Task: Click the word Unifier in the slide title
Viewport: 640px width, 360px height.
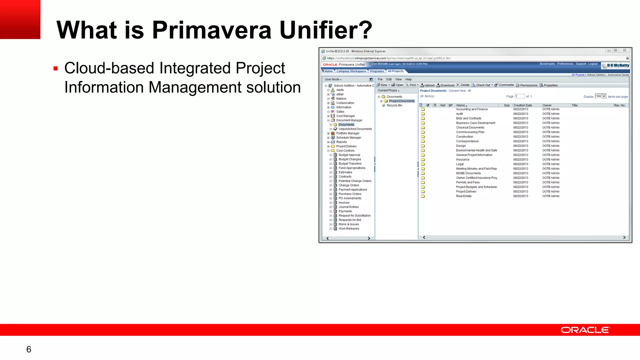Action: pyautogui.click(x=326, y=30)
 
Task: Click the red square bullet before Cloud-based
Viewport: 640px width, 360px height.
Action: pyautogui.click(x=56, y=68)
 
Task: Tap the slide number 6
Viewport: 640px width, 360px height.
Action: pyautogui.click(x=29, y=349)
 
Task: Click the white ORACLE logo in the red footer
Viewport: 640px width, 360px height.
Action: pyautogui.click(x=585, y=330)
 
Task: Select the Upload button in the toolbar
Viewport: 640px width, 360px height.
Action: pyautogui.click(x=427, y=85)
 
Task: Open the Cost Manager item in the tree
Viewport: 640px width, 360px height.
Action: pyautogui.click(x=345, y=116)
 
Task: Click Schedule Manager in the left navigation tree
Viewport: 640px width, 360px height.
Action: pyautogui.click(x=348, y=137)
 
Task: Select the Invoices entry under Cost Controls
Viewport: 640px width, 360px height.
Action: pyautogui.click(x=344, y=202)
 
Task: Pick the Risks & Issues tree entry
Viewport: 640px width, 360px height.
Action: pyautogui.click(x=348, y=224)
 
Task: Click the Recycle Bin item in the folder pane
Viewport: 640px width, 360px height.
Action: pyautogui.click(x=394, y=105)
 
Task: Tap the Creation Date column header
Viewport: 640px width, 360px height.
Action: pyautogui.click(x=522, y=105)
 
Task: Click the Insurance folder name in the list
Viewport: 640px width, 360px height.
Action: pyautogui.click(x=462, y=160)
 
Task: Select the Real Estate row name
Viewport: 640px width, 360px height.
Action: pyautogui.click(x=463, y=196)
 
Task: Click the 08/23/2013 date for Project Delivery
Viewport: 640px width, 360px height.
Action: pyautogui.click(x=520, y=192)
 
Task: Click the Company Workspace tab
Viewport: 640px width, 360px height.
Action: pyautogui.click(x=351, y=71)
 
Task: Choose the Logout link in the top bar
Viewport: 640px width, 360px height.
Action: pyautogui.click(x=592, y=64)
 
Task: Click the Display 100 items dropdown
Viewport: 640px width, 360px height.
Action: pyautogui.click(x=600, y=96)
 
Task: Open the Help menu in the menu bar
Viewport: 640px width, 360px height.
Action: pyautogui.click(x=408, y=79)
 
